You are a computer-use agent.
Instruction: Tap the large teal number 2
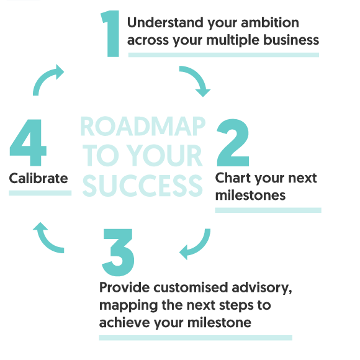pos(233,142)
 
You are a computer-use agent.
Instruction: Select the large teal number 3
pos(118,253)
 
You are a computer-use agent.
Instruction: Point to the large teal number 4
pos(28,142)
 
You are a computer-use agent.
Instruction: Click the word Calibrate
pos(38,178)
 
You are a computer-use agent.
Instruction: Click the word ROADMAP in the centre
pos(143,126)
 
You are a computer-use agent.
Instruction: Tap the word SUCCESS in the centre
pos(142,186)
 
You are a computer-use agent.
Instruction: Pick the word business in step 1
pos(291,40)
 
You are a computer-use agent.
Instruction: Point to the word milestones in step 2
pos(250,195)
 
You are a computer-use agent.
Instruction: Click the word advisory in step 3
pos(262,287)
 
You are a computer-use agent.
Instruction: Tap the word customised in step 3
pos(191,287)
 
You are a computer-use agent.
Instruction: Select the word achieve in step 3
pos(124,322)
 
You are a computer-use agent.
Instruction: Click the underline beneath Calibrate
pos(40,193)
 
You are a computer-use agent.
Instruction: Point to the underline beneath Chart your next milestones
pos(268,210)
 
